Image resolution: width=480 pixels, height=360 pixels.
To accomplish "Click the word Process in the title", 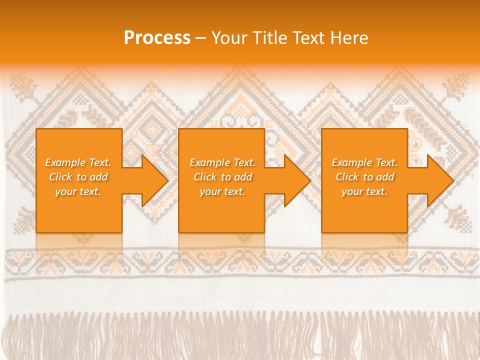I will point(157,38).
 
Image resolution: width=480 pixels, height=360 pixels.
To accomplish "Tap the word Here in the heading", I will point(349,38).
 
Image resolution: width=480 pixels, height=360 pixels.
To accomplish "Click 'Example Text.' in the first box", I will point(78,162).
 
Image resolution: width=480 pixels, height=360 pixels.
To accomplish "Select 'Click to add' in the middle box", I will point(222,177).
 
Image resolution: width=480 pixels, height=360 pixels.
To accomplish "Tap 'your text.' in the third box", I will point(364,191).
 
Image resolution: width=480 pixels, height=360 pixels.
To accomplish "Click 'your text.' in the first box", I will point(78,191).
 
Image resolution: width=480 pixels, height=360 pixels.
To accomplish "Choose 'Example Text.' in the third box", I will point(364,162).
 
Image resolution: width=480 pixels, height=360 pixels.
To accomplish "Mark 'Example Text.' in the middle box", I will point(222,162).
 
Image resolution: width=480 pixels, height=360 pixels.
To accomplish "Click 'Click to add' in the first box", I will point(78,177).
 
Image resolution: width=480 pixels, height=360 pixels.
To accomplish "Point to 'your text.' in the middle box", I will point(222,191).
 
